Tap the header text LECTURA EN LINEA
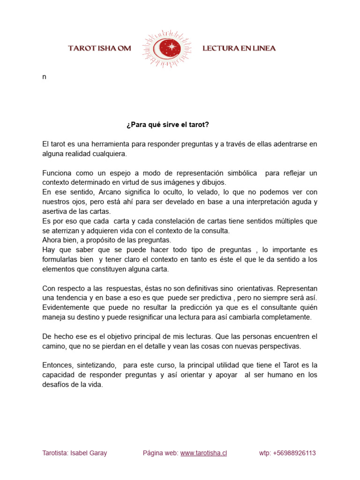point(239,48)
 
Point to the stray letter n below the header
point(44,77)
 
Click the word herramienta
point(106,143)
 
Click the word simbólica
point(241,173)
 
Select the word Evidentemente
point(67,307)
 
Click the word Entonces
point(58,365)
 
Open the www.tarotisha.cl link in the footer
point(203,453)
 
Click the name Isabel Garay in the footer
point(89,453)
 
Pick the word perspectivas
point(279,346)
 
